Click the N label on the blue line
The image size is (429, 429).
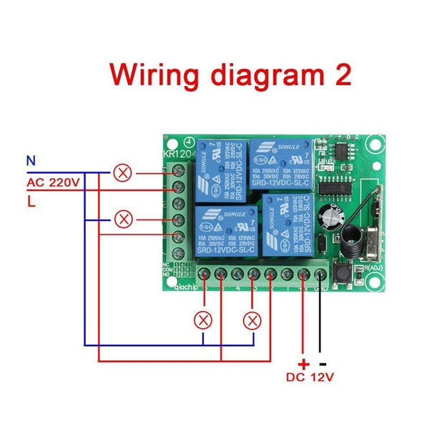click(30, 161)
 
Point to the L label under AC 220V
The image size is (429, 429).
click(31, 202)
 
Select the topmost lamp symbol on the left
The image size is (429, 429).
click(123, 172)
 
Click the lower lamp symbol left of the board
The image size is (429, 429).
click(123, 217)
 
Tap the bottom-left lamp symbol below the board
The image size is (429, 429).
click(204, 319)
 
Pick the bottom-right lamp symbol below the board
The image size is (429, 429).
click(252, 319)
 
